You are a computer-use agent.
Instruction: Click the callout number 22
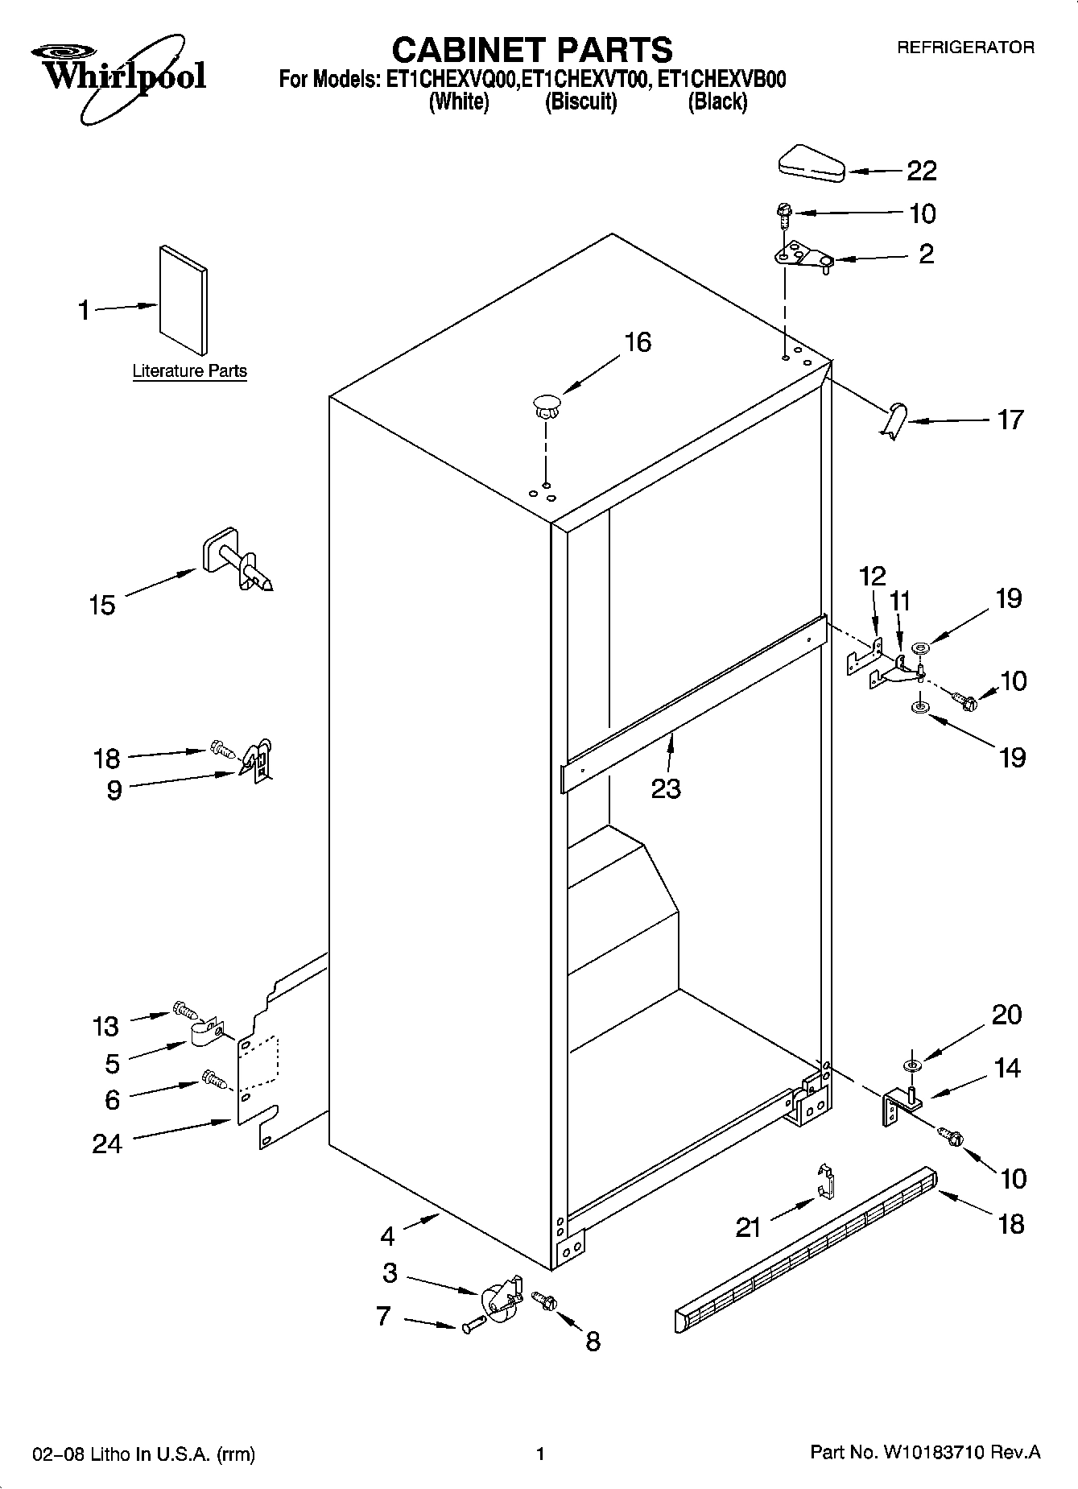922,171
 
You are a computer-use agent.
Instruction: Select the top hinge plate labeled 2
801,257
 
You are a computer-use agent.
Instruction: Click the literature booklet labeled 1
183,299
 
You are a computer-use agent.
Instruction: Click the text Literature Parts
189,371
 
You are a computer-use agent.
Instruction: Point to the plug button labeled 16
546,403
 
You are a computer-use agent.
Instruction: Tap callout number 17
1010,420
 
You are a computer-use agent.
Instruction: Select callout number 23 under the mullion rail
666,788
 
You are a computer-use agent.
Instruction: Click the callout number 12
872,576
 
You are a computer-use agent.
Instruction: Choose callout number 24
106,1144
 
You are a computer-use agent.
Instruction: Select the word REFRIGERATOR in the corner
965,48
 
